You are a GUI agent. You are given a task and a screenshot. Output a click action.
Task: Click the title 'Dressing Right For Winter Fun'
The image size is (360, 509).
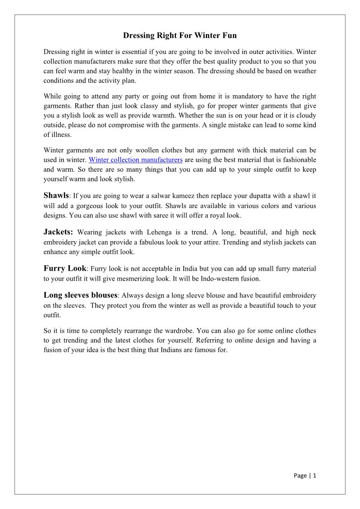180,35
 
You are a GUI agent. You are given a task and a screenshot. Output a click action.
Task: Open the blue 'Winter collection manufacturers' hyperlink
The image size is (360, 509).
136,160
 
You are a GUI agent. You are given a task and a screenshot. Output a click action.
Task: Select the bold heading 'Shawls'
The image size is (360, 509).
56,195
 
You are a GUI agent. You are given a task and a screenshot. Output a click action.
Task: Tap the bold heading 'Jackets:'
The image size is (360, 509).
58,232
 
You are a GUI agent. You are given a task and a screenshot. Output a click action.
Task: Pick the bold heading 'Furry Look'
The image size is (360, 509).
65,268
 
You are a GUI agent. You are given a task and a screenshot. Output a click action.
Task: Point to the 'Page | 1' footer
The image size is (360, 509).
305,475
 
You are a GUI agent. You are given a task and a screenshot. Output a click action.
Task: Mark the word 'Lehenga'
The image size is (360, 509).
162,233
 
